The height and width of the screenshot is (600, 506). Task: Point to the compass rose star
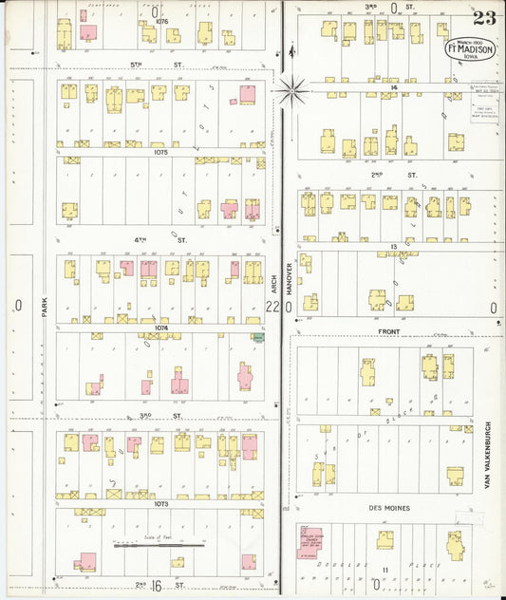291,91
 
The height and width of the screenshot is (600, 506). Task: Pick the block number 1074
160,328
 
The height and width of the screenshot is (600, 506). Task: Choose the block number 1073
159,503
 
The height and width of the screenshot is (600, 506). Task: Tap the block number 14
392,86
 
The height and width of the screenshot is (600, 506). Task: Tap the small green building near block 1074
256,336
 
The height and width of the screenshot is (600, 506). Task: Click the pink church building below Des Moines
310,538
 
